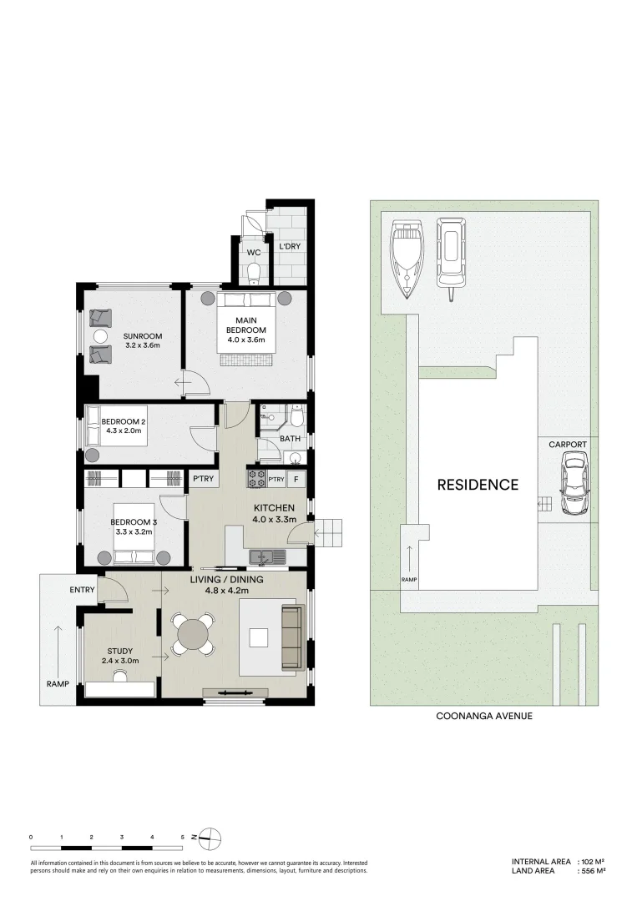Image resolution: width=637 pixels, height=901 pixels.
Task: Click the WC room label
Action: [254, 252]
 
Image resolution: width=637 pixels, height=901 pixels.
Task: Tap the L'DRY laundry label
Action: [290, 246]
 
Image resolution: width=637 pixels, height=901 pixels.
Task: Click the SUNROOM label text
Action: [143, 336]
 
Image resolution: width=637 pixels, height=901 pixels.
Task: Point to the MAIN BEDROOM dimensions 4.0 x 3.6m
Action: [246, 340]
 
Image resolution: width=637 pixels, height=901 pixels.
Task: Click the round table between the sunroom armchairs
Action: [101, 337]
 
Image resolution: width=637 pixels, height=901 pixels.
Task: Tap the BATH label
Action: [290, 439]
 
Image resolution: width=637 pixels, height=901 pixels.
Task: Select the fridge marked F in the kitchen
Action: [296, 479]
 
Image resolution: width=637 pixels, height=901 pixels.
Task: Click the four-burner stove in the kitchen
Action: [255, 479]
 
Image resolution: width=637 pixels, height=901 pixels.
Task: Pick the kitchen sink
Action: [267, 556]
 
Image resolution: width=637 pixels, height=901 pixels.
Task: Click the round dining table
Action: [194, 634]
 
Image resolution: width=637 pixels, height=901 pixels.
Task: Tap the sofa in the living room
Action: [293, 637]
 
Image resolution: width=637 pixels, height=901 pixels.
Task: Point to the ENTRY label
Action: [82, 590]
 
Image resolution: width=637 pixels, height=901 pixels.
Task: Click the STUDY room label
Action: [119, 651]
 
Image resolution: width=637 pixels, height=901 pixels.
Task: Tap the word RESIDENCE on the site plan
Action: [478, 485]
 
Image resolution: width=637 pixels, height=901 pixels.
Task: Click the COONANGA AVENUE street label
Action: [484, 716]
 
